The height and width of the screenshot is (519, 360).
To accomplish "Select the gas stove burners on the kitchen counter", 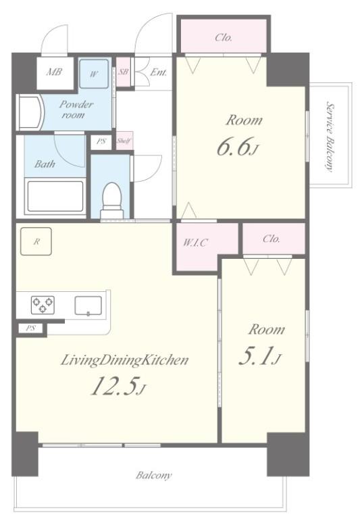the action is [x=43, y=305].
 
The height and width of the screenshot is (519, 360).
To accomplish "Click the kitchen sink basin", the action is [x=88, y=305].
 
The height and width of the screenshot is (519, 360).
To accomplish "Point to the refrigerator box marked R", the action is [x=36, y=241].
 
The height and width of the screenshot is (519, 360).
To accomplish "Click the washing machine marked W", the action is [x=94, y=74].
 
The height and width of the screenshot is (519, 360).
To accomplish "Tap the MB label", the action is [x=54, y=72].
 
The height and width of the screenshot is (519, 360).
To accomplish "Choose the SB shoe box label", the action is [x=123, y=71].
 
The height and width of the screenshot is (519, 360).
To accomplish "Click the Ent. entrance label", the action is [x=159, y=72].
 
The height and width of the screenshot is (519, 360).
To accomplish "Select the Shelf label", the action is [x=124, y=141].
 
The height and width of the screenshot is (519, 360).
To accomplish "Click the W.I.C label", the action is [x=195, y=243].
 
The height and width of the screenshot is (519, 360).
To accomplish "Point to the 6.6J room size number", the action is [x=237, y=146].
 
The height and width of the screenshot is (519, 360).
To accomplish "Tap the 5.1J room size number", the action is [x=260, y=355].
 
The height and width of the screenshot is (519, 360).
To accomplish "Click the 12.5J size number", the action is [x=118, y=386].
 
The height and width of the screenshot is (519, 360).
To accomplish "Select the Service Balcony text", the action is [x=330, y=136].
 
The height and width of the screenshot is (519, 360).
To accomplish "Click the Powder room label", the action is [x=76, y=109].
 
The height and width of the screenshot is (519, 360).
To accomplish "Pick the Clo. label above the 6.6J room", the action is [x=224, y=37].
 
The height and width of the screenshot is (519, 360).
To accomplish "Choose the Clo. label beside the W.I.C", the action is [x=272, y=239].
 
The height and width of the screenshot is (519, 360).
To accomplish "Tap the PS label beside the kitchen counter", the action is [x=30, y=328].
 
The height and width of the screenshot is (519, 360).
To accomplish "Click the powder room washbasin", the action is [x=30, y=113].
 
